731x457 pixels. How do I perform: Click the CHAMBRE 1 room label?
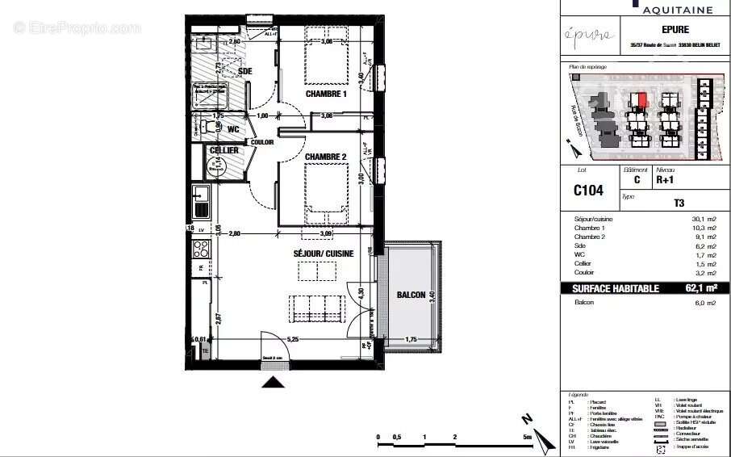325,94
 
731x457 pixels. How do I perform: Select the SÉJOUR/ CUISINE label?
323,254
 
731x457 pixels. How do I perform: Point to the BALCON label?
411,296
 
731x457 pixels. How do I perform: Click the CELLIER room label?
223,150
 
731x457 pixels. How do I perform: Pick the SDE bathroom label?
245,71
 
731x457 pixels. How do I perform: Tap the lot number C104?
588,191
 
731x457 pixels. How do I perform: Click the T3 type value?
679,204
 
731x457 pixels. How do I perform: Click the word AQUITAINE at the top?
678,10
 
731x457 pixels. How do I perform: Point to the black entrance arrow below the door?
274,382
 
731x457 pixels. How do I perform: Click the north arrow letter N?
526,419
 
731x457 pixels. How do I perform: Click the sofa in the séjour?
318,307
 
